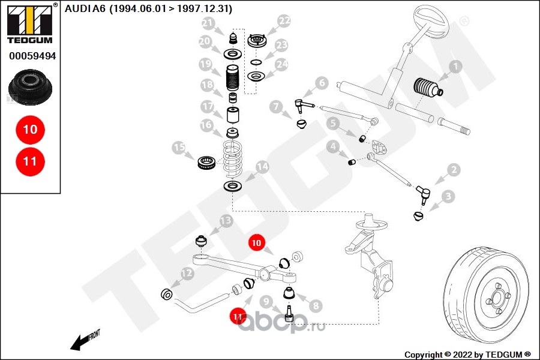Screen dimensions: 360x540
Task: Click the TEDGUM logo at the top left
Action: (29, 25)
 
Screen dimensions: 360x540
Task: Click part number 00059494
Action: (32, 56)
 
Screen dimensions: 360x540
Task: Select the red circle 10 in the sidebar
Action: (30, 129)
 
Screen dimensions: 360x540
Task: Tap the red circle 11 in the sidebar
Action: (30, 161)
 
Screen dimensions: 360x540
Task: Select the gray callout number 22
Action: (284, 21)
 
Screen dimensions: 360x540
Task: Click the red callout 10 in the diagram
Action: (257, 243)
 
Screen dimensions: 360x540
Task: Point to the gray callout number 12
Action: (187, 274)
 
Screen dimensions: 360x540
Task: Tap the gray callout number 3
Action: (448, 196)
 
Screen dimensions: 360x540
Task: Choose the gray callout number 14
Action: (262, 166)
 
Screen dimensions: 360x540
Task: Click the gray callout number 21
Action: (208, 23)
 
